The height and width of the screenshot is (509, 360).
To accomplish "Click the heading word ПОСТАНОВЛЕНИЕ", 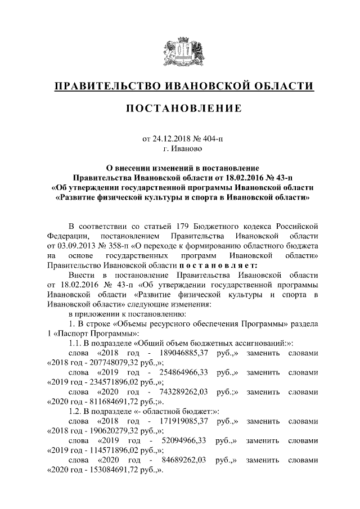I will [183, 108].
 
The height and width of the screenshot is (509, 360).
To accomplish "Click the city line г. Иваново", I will [179, 149].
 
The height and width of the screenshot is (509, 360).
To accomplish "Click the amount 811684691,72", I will [105, 404].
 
